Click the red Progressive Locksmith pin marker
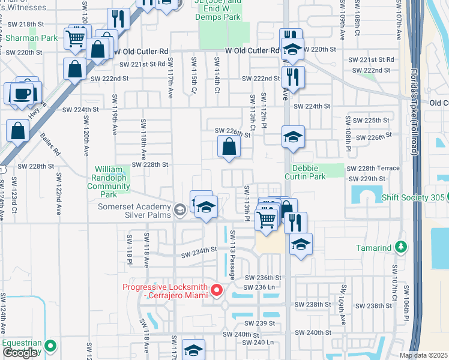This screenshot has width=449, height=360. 217,290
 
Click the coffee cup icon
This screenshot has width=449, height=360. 23,94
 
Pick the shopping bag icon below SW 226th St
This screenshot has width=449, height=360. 229,146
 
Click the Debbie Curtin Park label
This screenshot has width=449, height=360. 317,173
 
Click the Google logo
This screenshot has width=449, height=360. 20,353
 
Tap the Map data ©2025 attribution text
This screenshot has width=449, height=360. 424,355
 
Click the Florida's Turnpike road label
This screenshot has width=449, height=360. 413,120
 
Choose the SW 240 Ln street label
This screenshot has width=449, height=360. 258,343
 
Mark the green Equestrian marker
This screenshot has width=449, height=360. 50,346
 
